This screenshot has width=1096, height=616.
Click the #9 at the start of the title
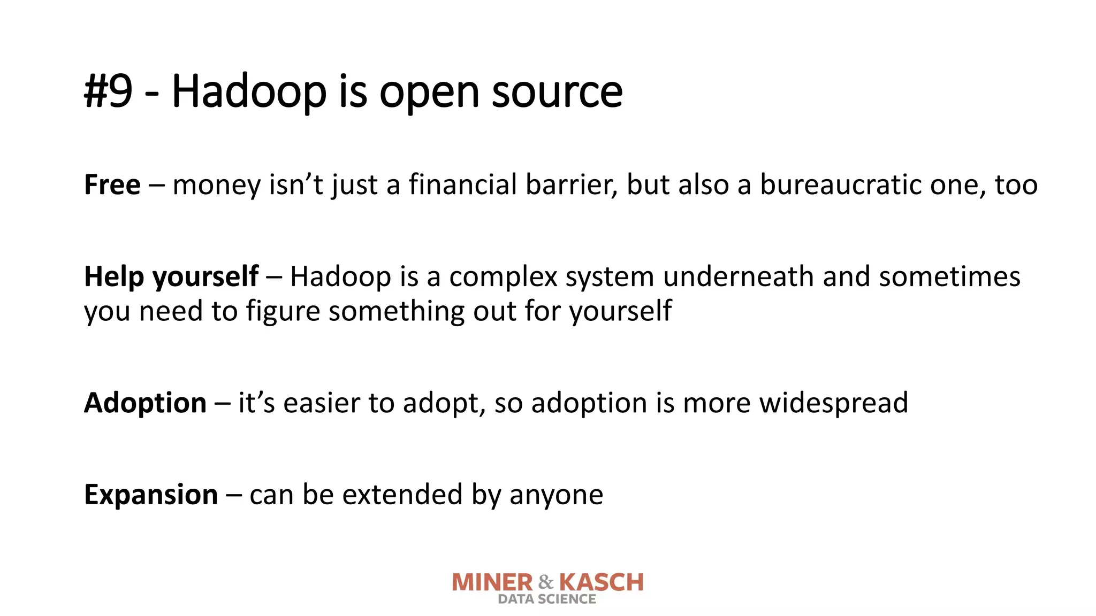tap(108, 91)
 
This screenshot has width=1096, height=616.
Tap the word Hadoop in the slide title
tap(249, 91)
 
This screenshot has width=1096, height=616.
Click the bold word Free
tap(112, 185)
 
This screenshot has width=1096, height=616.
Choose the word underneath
tap(738, 277)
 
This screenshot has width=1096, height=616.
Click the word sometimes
tap(949, 277)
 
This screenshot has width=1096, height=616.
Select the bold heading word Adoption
tap(145, 403)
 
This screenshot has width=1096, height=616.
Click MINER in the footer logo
tap(492, 583)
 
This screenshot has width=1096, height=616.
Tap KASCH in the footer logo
tap(601, 583)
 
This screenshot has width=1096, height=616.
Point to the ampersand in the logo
tap(546, 582)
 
